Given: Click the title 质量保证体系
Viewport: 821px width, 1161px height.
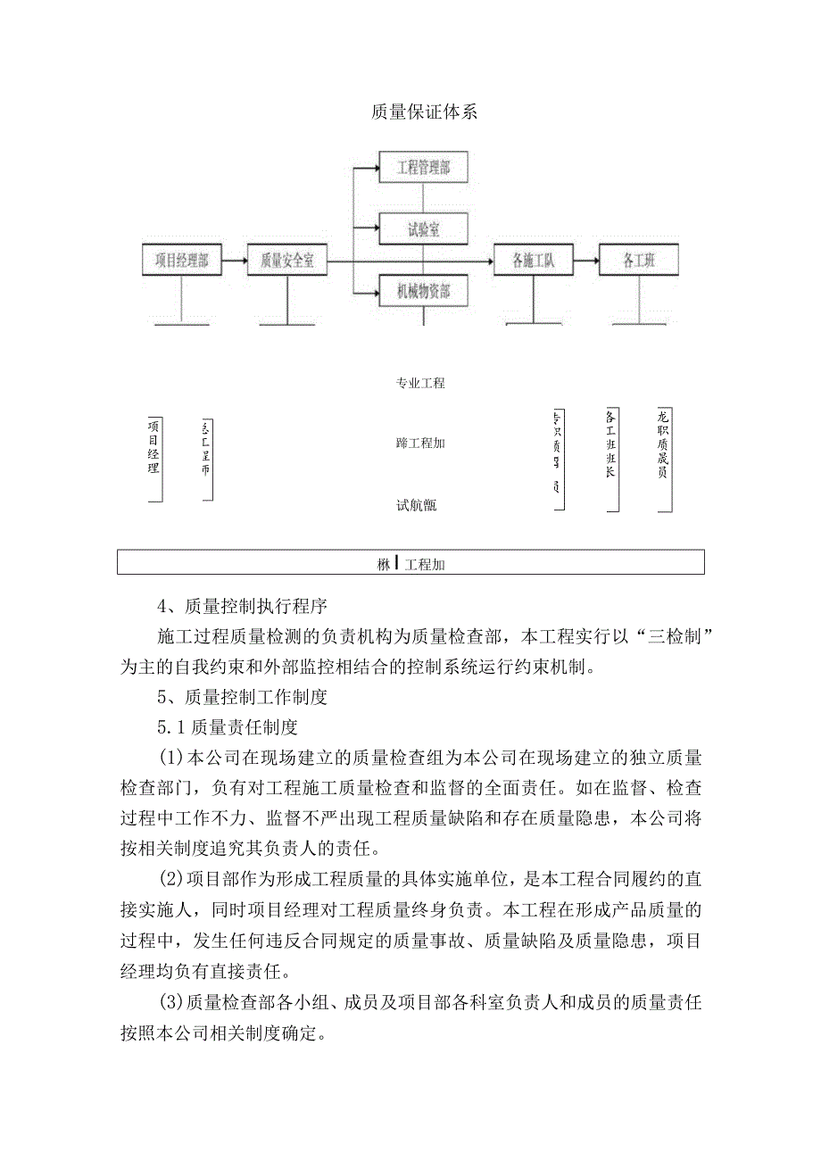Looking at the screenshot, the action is click(x=424, y=112).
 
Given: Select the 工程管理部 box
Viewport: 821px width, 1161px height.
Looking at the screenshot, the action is click(x=423, y=167).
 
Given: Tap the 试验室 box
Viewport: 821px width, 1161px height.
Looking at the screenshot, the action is click(x=423, y=229).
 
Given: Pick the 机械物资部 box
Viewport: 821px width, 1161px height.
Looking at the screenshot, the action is click(x=423, y=290).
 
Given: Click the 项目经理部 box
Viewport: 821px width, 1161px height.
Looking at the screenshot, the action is click(x=182, y=261).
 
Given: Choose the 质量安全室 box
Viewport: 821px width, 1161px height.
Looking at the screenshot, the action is click(x=287, y=261).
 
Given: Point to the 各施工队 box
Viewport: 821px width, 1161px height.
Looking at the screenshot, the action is click(x=534, y=261).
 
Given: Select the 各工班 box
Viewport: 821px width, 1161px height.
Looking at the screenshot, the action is click(x=639, y=261).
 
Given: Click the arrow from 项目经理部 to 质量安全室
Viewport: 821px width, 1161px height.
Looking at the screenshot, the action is click(x=234, y=261).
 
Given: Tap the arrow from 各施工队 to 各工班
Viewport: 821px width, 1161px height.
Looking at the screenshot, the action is click(x=585, y=261).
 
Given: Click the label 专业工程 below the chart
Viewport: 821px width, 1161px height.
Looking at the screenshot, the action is click(x=420, y=384).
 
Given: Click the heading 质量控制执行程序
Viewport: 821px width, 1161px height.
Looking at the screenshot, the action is click(x=256, y=607).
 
